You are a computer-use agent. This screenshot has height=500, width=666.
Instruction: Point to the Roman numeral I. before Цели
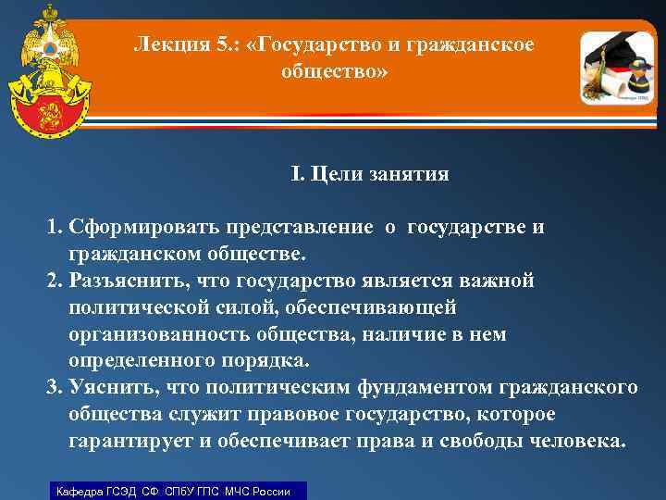[297, 174]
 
